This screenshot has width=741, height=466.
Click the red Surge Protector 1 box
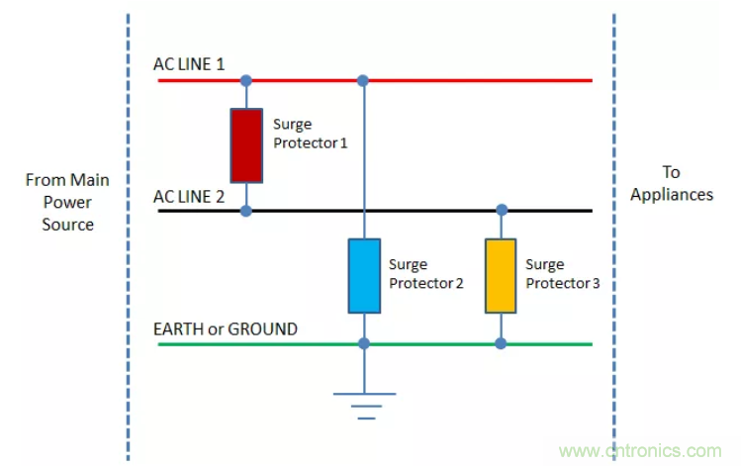[x=246, y=145]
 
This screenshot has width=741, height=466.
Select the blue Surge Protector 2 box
[x=364, y=275]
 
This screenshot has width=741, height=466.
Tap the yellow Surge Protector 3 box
[x=501, y=275]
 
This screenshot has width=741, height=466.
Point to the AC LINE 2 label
[x=189, y=196]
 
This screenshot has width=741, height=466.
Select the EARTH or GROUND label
[x=225, y=328]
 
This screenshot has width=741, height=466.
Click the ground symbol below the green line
[x=364, y=404]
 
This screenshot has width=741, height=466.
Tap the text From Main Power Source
[x=68, y=202]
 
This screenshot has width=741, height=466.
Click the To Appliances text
[x=672, y=183]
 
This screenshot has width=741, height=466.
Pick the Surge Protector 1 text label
[x=311, y=134]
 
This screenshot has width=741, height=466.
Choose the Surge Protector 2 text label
[x=426, y=273]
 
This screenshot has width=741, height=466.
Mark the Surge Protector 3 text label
[x=562, y=273]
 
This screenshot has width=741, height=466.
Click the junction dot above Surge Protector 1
[x=246, y=80]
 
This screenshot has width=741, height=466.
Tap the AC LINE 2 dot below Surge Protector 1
[x=246, y=211]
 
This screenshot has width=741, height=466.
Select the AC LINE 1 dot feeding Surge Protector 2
[x=364, y=80]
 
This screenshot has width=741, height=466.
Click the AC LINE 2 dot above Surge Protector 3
[x=501, y=211]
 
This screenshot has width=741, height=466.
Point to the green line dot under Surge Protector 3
[x=501, y=343]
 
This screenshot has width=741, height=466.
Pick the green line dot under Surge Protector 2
[x=364, y=343]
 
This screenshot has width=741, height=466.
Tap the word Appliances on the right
[x=672, y=195]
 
